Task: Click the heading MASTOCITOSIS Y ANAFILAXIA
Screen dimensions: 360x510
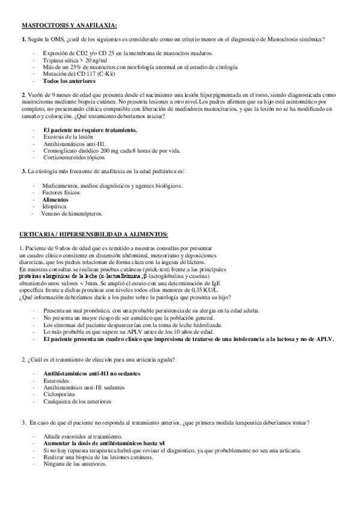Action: [69, 26]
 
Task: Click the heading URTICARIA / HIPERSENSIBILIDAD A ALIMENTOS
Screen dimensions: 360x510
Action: [94, 233]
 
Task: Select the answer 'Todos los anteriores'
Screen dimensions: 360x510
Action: [69, 81]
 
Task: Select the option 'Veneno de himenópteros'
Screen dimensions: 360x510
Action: [72, 213]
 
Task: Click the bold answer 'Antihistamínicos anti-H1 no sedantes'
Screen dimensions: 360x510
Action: [91, 373]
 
